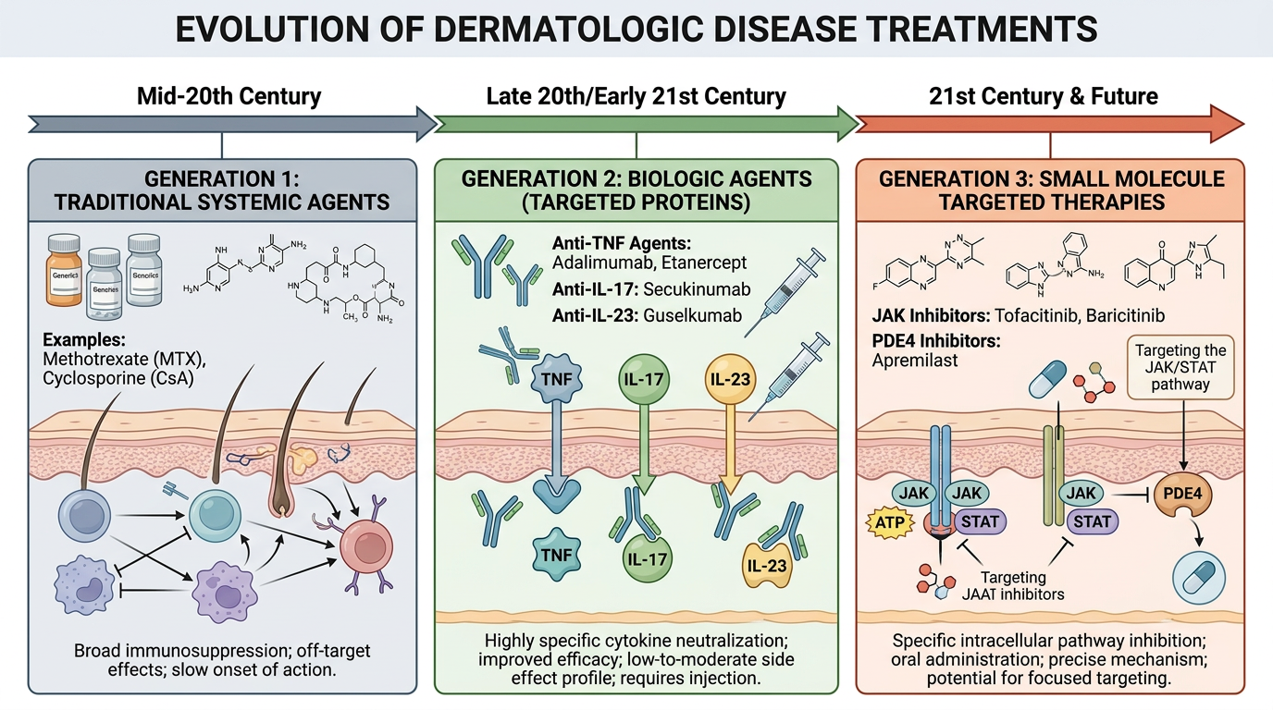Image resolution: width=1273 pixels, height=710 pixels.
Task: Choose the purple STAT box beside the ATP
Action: (x=980, y=520)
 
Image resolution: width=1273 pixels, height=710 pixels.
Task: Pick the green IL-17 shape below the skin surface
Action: (x=646, y=557)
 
